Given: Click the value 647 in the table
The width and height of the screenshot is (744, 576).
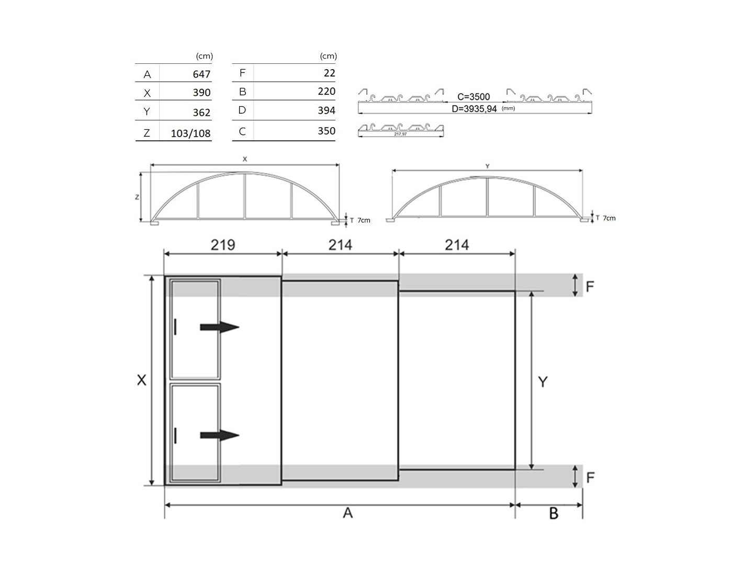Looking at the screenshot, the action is click(201, 74).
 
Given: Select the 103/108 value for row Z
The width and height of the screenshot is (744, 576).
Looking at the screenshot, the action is click(190, 134).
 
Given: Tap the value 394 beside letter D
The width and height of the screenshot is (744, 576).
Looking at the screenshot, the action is click(326, 110).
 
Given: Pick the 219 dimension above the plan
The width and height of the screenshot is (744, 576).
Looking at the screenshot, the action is click(223, 245).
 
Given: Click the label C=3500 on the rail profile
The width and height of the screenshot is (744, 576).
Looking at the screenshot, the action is click(474, 97).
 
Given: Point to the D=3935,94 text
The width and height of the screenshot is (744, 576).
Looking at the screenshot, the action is click(474, 109).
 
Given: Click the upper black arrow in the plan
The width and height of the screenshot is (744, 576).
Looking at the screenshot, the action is click(219, 327).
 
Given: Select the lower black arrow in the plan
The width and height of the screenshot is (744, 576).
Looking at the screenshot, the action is click(219, 435).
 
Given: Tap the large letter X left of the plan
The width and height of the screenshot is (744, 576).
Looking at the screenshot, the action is click(142, 380).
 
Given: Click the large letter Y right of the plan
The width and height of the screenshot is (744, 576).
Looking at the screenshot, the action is click(543, 382).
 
